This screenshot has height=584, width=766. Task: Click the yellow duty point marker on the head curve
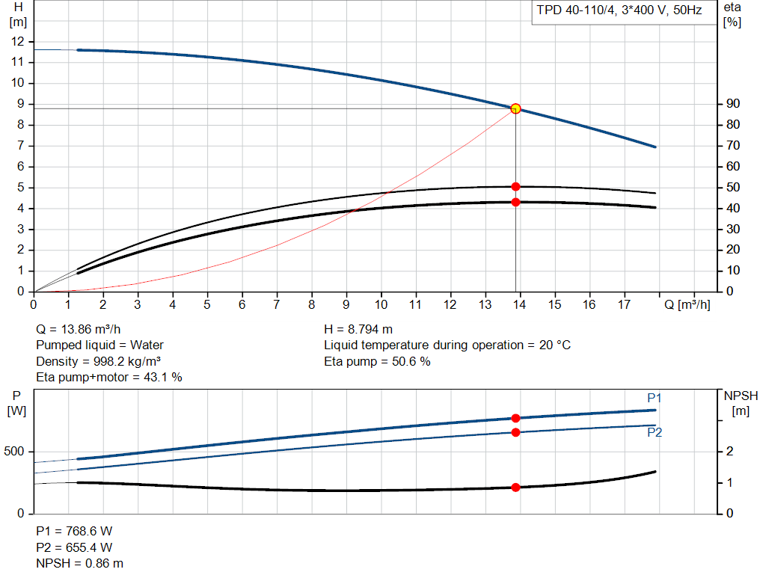pyautogui.click(x=515, y=108)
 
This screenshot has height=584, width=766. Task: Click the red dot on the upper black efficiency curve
pyautogui.click(x=515, y=186)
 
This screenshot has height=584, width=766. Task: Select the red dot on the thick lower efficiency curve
pyautogui.click(x=515, y=202)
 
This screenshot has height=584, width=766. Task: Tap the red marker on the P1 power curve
pyautogui.click(x=515, y=418)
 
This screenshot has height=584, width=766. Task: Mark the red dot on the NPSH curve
pyautogui.click(x=515, y=488)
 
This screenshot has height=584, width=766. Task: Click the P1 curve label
pyautogui.click(x=655, y=398)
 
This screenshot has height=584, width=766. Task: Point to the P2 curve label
pyautogui.click(x=655, y=432)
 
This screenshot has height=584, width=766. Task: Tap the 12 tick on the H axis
pyautogui.click(x=19, y=41)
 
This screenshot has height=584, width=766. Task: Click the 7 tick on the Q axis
pyautogui.click(x=277, y=304)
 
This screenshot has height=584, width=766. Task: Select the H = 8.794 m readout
pyautogui.click(x=358, y=329)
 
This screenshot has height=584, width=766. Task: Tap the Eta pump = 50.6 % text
pyautogui.click(x=377, y=361)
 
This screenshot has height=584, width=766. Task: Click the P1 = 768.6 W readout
pyautogui.click(x=74, y=531)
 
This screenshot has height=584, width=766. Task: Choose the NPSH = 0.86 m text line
pyautogui.click(x=80, y=563)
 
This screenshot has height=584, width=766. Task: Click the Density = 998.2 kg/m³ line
pyautogui.click(x=99, y=361)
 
